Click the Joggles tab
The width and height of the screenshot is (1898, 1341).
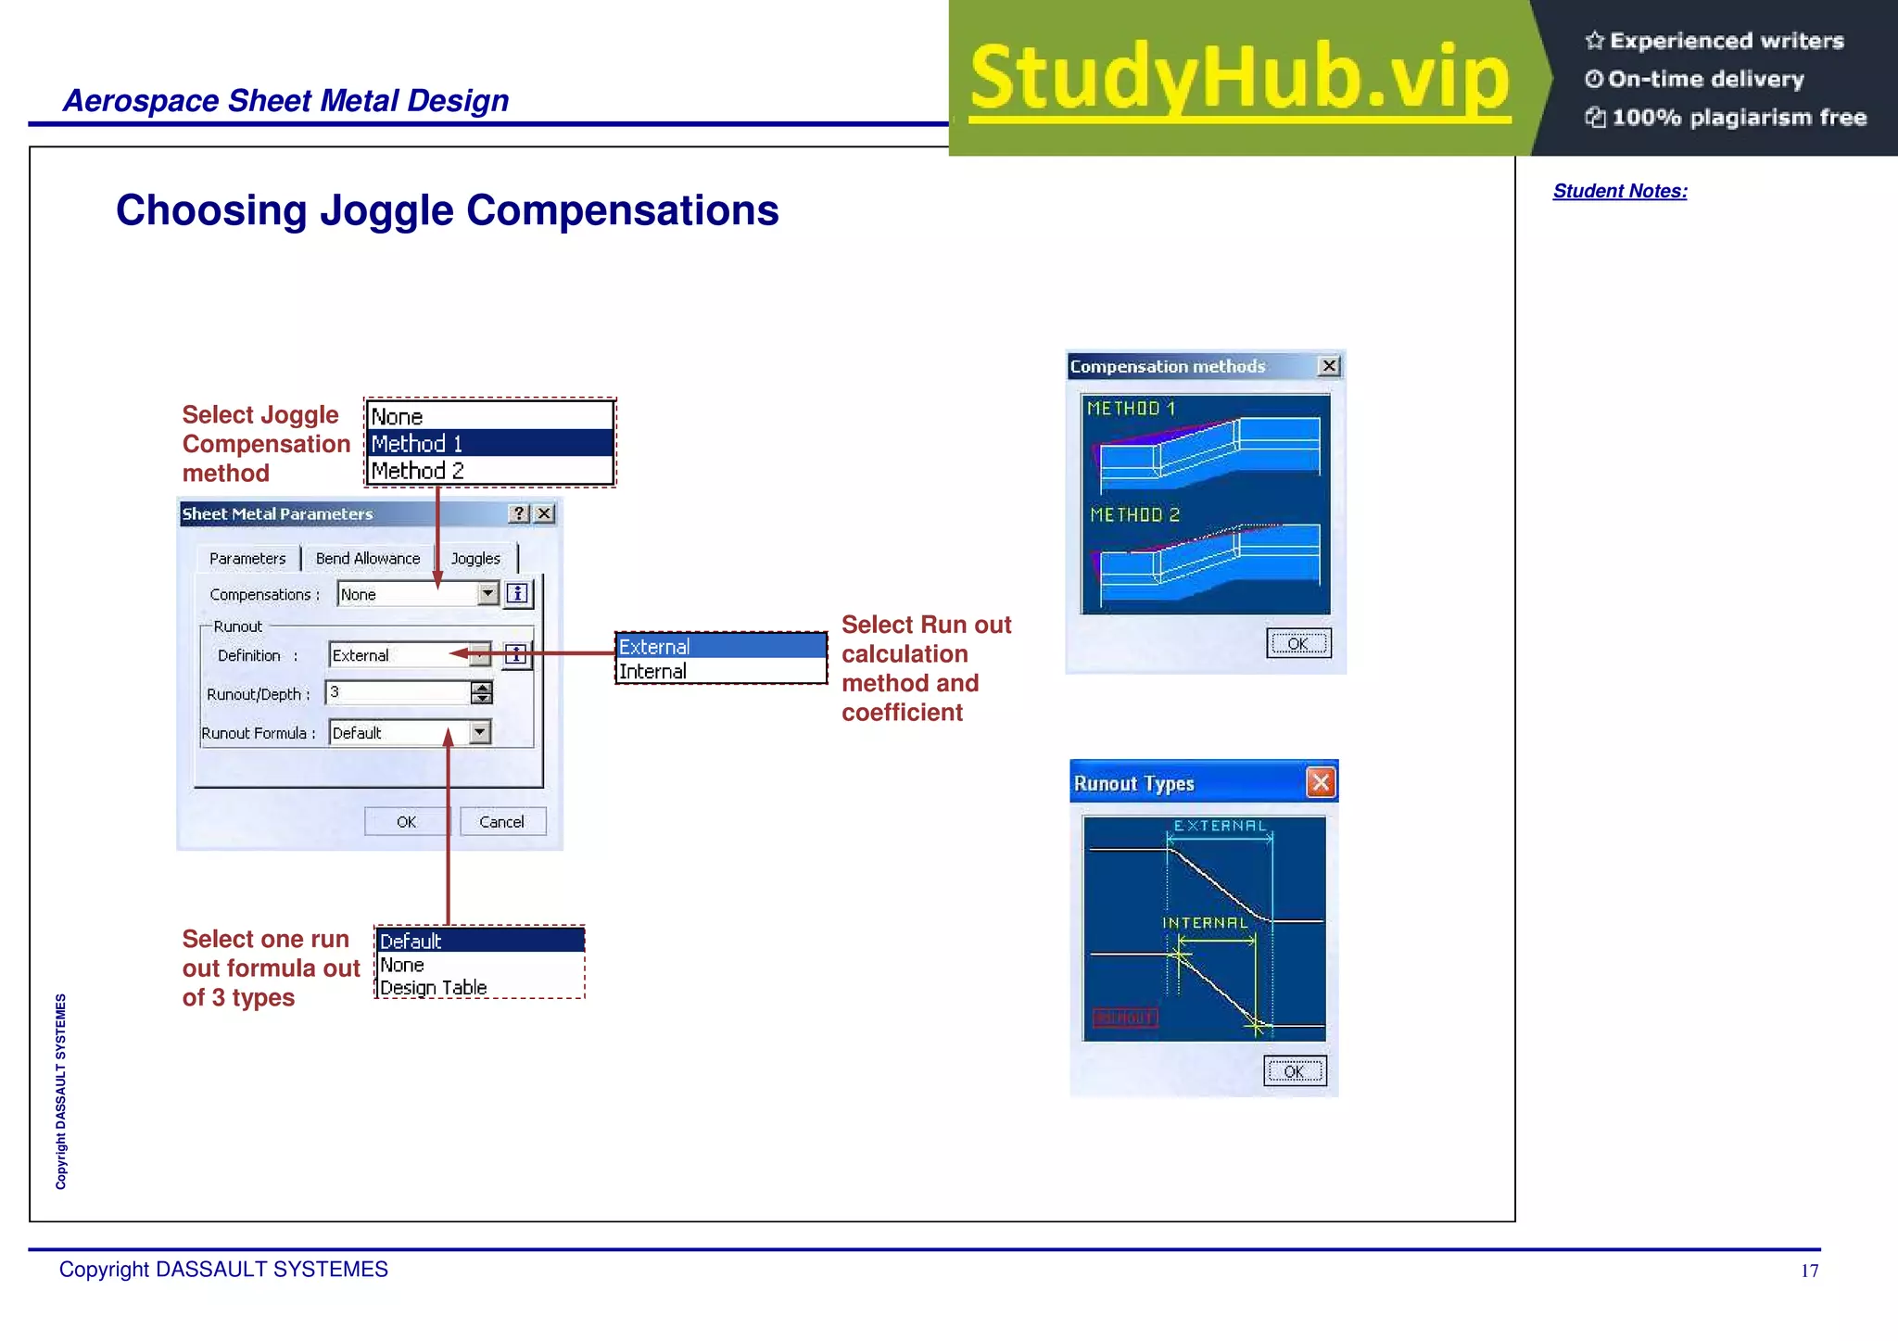tap(475, 559)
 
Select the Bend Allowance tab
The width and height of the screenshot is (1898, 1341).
tap(368, 559)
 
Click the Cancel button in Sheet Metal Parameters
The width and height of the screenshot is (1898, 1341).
tap(501, 822)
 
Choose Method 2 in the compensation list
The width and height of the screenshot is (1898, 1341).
tap(417, 471)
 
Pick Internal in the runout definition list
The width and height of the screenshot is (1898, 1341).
tap(653, 672)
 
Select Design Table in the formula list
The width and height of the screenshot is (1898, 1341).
tap(433, 988)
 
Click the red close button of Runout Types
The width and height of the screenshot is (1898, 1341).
tap(1321, 783)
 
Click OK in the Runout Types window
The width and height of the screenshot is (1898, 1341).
tap(1295, 1071)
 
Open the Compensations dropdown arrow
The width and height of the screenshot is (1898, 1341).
tap(488, 594)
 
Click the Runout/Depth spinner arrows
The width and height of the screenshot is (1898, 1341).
tap(482, 692)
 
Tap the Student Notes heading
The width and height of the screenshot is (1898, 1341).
tap(1620, 191)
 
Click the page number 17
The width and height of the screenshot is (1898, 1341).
tap(1809, 1271)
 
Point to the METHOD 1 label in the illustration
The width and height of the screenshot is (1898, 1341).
tap(1131, 409)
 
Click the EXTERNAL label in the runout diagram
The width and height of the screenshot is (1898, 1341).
tap(1220, 826)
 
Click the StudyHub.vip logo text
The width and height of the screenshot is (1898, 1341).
tap(1240, 78)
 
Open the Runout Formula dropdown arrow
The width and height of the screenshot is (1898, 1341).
tap(479, 732)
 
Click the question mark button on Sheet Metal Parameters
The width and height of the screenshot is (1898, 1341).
tap(519, 513)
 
